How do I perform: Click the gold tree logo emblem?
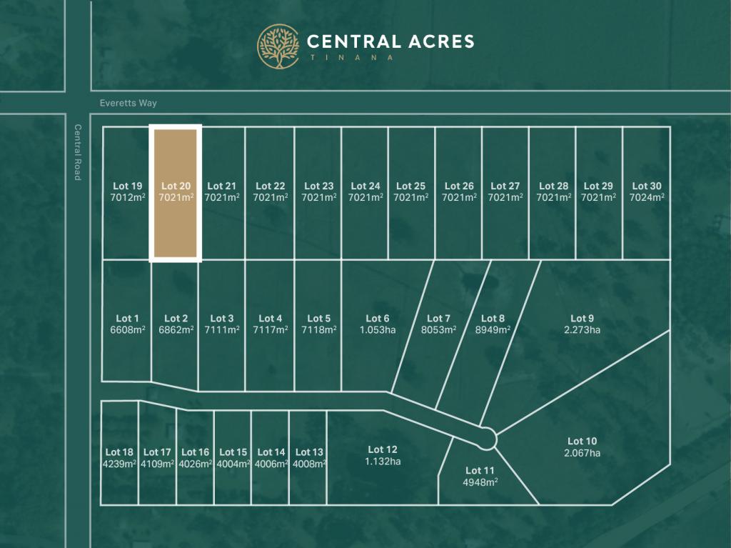tap(278, 46)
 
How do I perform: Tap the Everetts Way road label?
tap(128, 104)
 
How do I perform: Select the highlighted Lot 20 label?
tap(176, 186)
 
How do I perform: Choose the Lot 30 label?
tap(646, 186)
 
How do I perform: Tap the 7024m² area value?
tap(647, 197)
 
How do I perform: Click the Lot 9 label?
tap(582, 318)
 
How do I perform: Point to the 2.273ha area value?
tap(582, 329)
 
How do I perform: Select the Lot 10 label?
tap(582, 441)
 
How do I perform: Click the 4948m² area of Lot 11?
tap(480, 482)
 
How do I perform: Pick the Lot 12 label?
tap(383, 449)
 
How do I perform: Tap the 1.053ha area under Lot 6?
tap(378, 329)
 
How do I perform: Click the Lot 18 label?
tap(119, 452)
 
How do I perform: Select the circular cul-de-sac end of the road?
tap(487, 438)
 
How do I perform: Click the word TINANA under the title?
tap(351, 58)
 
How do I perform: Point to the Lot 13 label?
tap(309, 452)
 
